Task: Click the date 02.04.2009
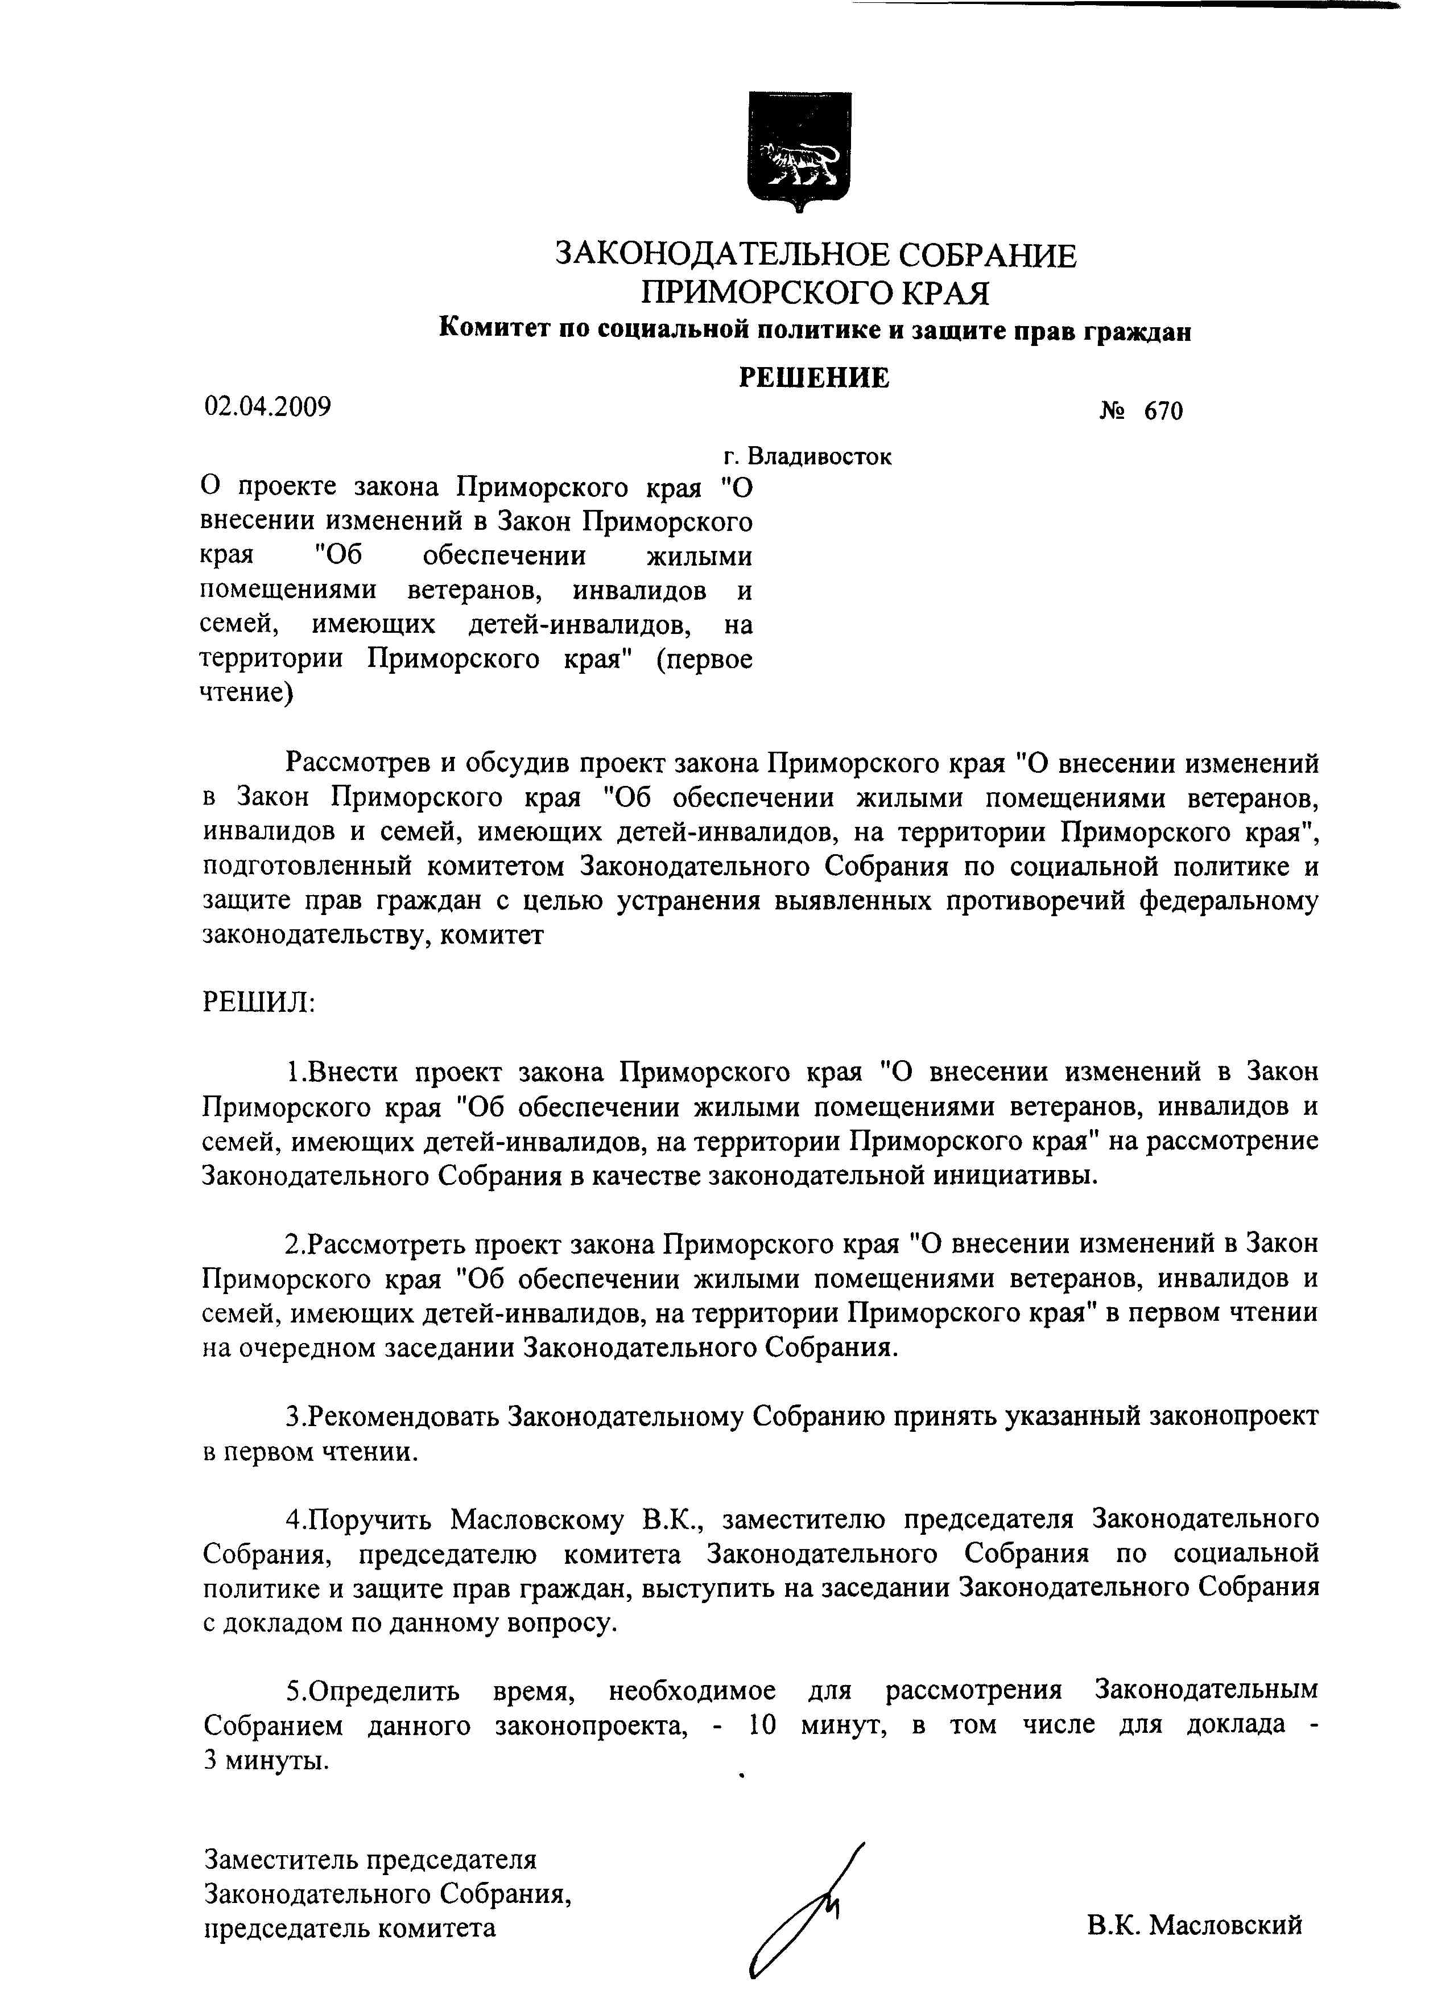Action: pos(267,406)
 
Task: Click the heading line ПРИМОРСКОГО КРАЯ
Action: pos(815,293)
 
